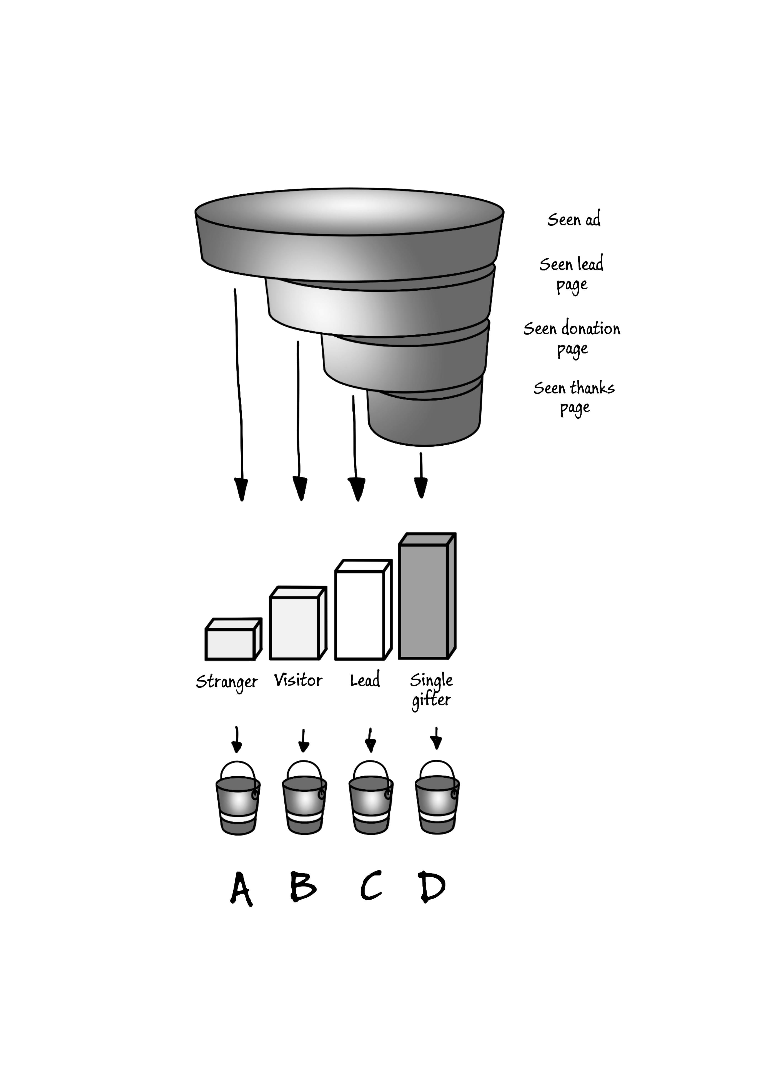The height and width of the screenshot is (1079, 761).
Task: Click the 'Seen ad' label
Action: tap(574, 219)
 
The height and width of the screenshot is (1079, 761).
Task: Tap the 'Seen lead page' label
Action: tap(572, 274)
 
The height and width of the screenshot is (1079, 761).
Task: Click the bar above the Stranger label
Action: tap(230, 644)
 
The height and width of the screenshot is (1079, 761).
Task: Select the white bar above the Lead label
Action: tap(360, 615)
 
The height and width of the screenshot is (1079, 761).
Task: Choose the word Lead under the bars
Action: tap(365, 680)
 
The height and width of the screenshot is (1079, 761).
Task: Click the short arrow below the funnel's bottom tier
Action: tap(421, 475)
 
